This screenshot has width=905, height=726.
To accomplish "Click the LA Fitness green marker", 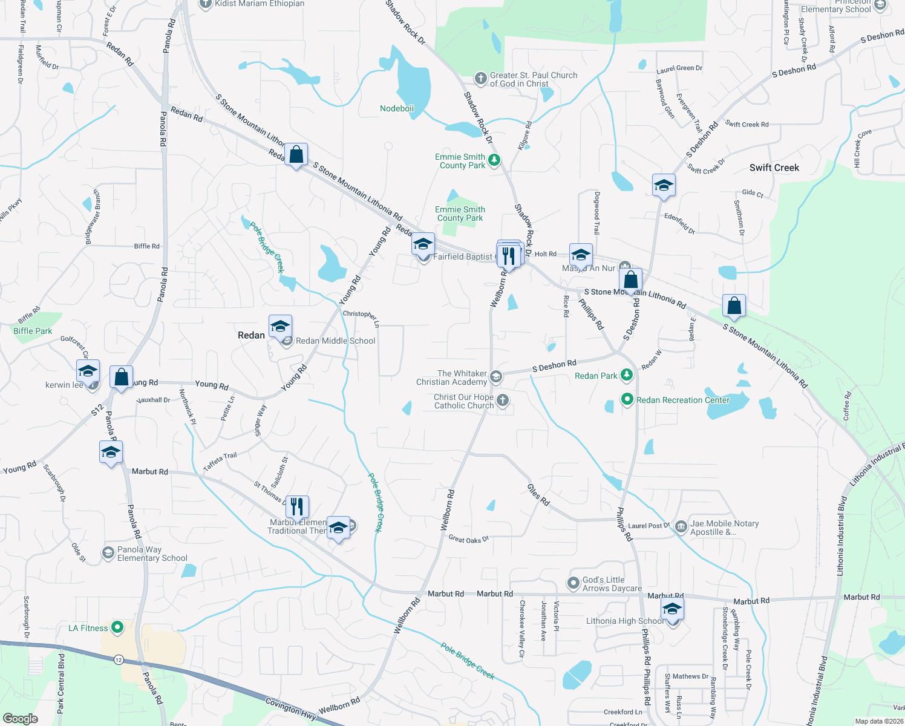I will (117, 627).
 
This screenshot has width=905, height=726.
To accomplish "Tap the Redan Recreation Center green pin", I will (627, 399).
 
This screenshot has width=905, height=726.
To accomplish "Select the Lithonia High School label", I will (625, 621).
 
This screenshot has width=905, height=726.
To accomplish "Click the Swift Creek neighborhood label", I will (774, 168).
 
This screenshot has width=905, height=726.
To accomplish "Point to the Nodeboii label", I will (397, 108).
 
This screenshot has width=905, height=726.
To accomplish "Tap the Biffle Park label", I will (33, 331).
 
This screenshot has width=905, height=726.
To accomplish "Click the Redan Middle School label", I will (335, 341).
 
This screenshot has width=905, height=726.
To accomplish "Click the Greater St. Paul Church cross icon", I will (480, 78).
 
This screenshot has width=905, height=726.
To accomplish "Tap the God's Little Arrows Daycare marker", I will (573, 583).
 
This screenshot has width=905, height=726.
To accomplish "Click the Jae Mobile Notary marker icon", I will (681, 526).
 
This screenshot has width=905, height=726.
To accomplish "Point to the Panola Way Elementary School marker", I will (108, 552).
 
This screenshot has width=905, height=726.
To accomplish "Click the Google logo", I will (20, 719).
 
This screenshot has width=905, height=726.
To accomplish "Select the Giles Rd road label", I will (538, 495).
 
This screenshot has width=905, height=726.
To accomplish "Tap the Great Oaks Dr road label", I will (468, 539).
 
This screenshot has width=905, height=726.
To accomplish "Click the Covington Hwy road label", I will (290, 708).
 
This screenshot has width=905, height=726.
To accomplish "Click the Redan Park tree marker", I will (627, 375).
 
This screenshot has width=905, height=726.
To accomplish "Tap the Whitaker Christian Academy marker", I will (495, 377).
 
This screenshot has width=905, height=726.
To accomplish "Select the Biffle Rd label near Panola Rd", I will (147, 246).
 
